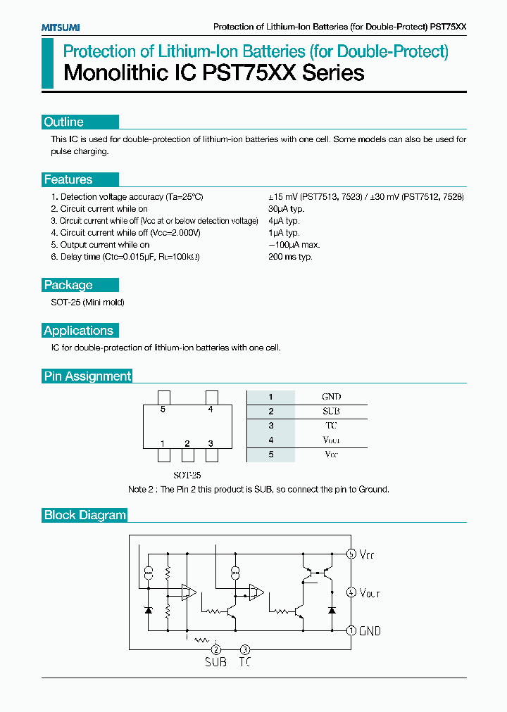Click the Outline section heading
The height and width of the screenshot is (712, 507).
tap(64, 122)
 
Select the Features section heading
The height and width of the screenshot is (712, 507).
tap(68, 179)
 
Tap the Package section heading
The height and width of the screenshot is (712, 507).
tap(68, 285)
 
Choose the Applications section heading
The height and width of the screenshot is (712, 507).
tap(78, 331)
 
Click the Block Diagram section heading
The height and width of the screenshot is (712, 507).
tap(84, 515)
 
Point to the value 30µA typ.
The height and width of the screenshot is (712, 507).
tap(287, 209)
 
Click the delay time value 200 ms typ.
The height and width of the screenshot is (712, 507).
tap(290, 257)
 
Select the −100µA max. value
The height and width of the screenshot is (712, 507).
tap(294, 245)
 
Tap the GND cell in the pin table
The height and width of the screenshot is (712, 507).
tap(331, 397)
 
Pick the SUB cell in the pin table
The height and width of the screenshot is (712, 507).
tap(331, 412)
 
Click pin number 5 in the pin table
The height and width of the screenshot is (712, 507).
tap(270, 454)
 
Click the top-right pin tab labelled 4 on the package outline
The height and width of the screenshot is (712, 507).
tap(211, 398)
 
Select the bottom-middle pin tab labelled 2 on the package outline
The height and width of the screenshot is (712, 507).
tap(187, 455)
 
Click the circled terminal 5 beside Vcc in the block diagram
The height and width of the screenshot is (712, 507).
tap(351, 554)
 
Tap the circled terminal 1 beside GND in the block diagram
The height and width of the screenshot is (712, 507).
tap(351, 631)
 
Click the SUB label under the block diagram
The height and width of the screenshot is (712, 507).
tap(215, 662)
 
